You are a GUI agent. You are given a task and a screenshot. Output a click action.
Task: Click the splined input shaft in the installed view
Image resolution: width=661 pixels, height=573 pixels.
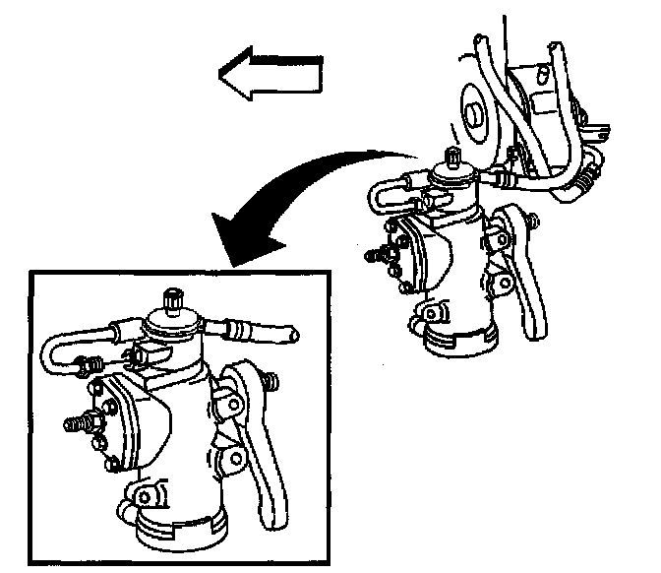tap(453, 157)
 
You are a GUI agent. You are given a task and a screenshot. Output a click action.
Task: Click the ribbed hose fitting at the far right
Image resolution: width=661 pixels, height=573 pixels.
tap(587, 177)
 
